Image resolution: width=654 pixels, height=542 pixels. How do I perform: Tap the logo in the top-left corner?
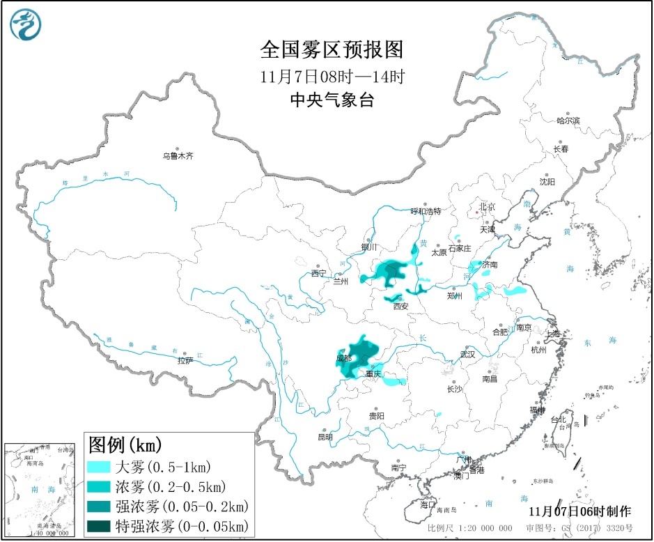tap(26, 24)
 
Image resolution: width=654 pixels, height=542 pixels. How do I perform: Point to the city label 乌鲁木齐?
tap(178, 157)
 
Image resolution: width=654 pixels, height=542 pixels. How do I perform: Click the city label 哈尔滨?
tap(568, 121)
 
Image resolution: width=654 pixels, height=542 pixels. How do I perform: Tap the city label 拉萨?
tap(185, 361)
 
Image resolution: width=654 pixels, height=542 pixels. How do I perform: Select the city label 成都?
tap(343, 358)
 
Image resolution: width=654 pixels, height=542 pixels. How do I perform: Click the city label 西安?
tap(400, 306)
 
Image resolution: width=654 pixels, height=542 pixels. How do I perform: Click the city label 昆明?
tap(325, 438)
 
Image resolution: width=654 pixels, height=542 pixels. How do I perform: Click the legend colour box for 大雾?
tap(99, 467)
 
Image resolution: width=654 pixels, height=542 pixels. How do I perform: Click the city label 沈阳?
tap(547, 182)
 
